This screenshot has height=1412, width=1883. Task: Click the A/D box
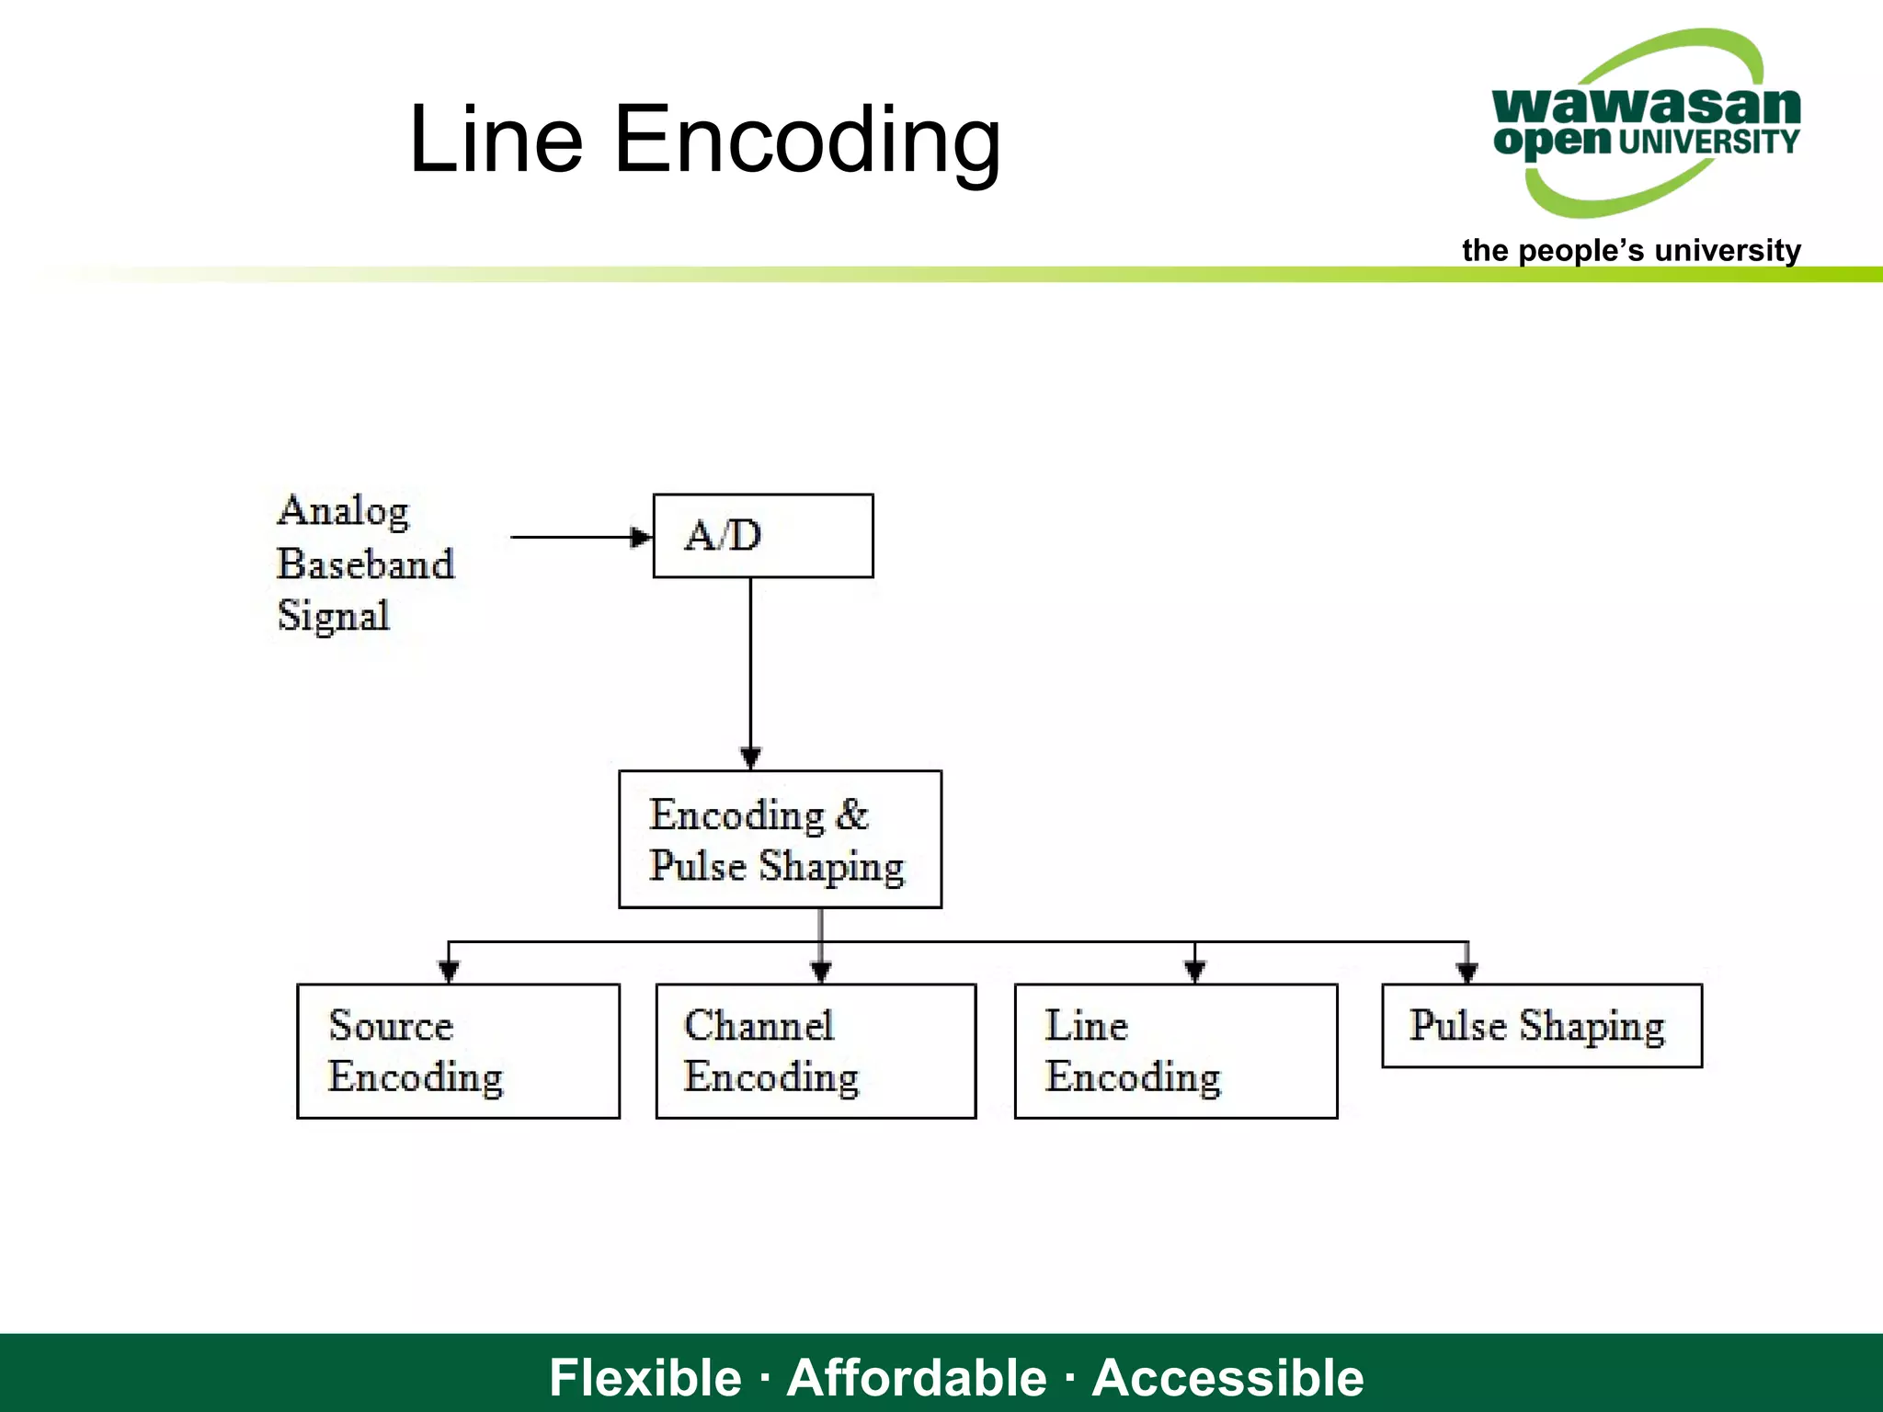pos(763,536)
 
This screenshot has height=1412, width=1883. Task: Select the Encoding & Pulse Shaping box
pos(780,839)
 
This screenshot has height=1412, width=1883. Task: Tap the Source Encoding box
pos(458,1051)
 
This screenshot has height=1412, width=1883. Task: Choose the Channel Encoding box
pos(816,1051)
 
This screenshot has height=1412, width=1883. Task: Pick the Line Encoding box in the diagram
pos(1175,1051)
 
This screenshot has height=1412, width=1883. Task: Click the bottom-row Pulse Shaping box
pos(1542,1026)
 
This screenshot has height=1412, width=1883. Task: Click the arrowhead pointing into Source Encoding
pos(449,971)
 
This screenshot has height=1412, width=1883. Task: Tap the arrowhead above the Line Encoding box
pos(1194,971)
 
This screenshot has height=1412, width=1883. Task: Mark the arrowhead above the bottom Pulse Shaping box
pos(1467,971)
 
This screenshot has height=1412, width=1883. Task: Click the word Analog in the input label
pos(343,511)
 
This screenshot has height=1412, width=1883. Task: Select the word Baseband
pos(365,564)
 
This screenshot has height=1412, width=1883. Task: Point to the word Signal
pos(334,616)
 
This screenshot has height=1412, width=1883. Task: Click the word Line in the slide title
pos(496,140)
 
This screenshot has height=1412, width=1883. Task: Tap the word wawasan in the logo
pos(1646,105)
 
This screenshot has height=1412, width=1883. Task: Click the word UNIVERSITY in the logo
pos(1708,142)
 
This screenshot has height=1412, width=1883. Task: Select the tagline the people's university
pos(1631,250)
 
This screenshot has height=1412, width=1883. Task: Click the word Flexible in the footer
pos(645,1377)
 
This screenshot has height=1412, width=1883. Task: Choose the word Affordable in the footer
pos(917,1377)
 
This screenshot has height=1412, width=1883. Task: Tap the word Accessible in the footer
pos(1227,1377)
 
